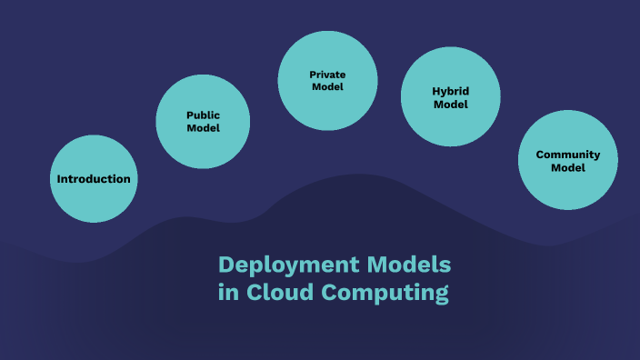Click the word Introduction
click(94, 179)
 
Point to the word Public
click(204, 115)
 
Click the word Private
click(327, 75)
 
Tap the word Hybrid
click(450, 91)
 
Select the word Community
click(568, 155)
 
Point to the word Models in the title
click(409, 265)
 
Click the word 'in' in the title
click(227, 294)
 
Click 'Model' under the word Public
click(204, 128)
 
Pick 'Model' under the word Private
click(327, 87)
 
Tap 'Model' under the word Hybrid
click(450, 105)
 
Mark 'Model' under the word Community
click(568, 167)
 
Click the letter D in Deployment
click(226, 265)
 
